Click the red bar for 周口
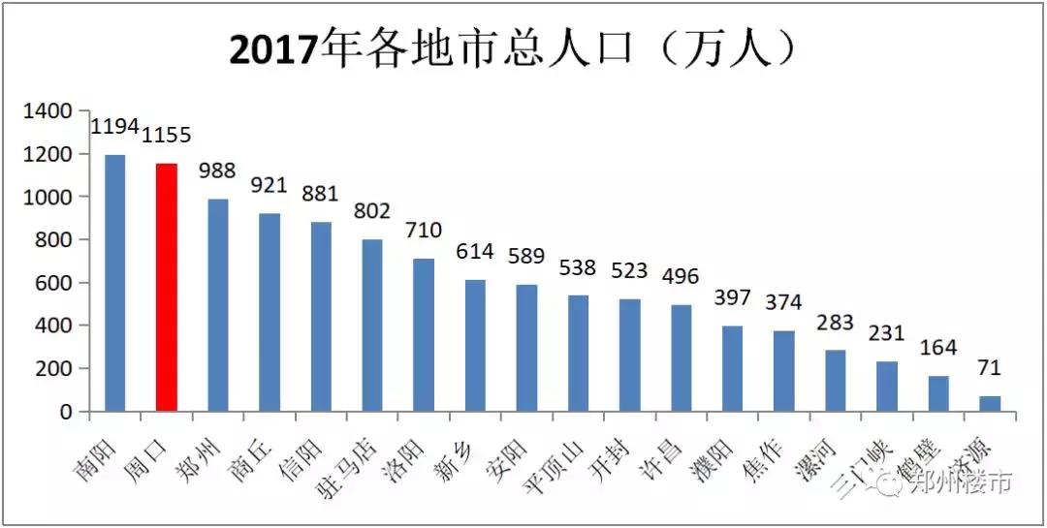[x=167, y=287]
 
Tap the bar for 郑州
[x=218, y=305]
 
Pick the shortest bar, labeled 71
[x=989, y=403]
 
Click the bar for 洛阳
[x=424, y=334]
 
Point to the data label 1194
[x=115, y=127]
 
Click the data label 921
[x=270, y=184]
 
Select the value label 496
[x=681, y=276]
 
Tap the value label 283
[x=836, y=322]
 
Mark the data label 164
[x=938, y=347]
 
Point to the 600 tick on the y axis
[x=52, y=283]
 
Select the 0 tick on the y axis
[x=66, y=412]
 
